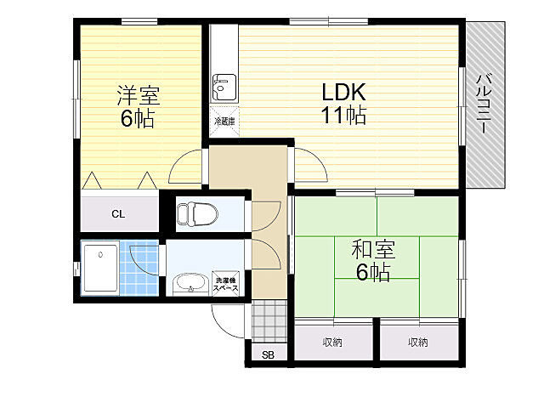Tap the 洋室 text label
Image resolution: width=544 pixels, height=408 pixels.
(137, 95)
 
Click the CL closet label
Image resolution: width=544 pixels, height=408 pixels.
(118, 213)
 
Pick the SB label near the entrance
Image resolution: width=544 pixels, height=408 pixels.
(268, 354)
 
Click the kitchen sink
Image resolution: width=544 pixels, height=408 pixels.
(224, 86)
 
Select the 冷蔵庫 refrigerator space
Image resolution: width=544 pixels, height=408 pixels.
(224, 122)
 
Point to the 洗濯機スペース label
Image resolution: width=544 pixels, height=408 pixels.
(225, 284)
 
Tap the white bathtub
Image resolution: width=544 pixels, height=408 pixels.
(100, 268)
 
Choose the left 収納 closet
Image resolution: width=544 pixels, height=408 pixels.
(332, 342)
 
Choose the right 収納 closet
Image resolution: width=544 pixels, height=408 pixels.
(417, 342)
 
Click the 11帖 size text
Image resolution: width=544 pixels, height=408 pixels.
(343, 116)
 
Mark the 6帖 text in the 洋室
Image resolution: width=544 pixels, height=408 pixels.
(137, 119)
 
